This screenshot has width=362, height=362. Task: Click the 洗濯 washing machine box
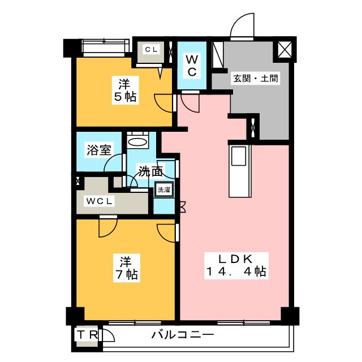tap(162, 189)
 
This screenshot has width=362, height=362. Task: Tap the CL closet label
tap(151, 49)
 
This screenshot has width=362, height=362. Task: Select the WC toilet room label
tap(192, 66)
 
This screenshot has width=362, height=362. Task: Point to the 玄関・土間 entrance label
tap(255, 79)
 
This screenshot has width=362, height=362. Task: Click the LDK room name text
tap(235, 259)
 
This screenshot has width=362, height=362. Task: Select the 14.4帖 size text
tap(235, 272)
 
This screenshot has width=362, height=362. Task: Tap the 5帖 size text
tap(125, 97)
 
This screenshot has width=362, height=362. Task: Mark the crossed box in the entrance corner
tap(283, 50)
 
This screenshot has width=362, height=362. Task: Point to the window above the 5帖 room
tap(103, 45)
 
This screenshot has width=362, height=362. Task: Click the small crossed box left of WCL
tap(78, 182)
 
